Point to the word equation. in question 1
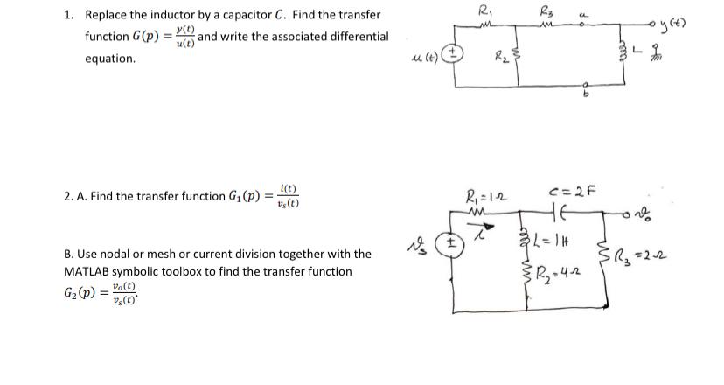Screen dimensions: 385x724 (x=110, y=59)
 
